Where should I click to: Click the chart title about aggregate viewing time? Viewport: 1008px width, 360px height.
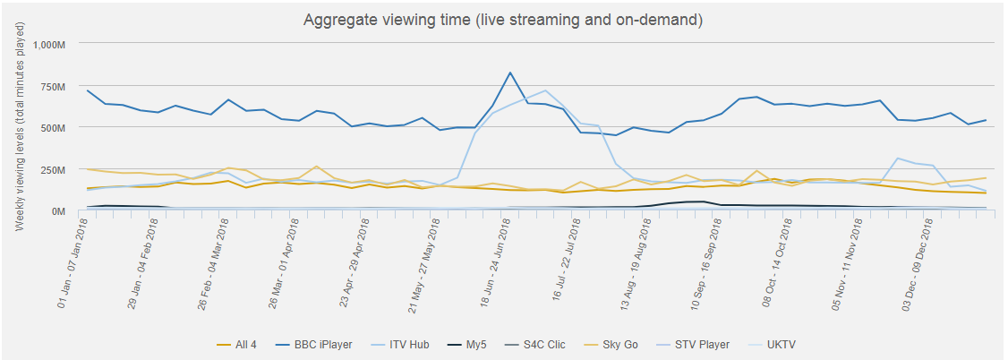pyautogui.click(x=504, y=19)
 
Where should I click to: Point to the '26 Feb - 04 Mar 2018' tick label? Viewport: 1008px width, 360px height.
pyautogui.click(x=216, y=263)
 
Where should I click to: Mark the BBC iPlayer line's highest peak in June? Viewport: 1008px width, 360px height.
pyautogui.click(x=509, y=73)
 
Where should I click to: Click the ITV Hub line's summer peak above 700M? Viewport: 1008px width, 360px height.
pyautogui.click(x=545, y=90)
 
